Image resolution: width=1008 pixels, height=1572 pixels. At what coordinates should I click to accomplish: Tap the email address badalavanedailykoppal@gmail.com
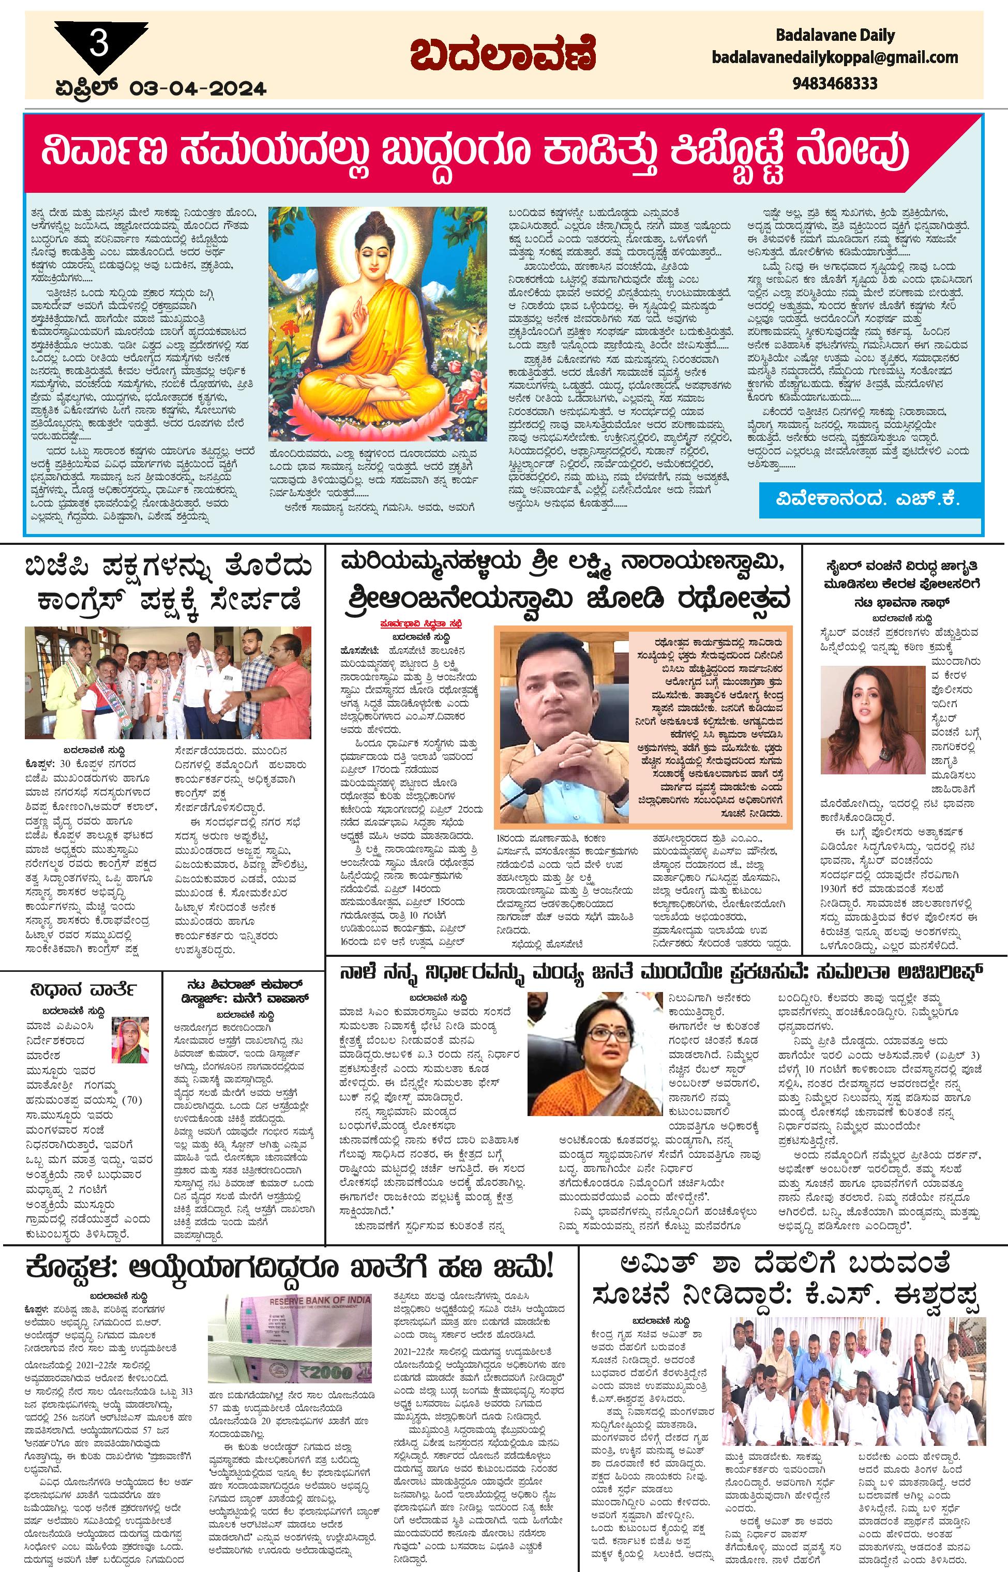[835, 58]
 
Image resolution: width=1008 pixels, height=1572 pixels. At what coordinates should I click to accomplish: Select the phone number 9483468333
[835, 84]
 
